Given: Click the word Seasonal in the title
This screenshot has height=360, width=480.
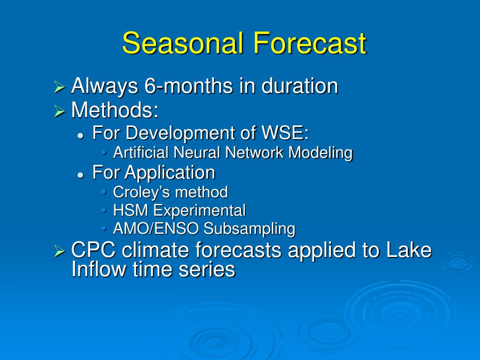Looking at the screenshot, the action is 183,43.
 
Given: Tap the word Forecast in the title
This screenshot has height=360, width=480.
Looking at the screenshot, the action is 309,43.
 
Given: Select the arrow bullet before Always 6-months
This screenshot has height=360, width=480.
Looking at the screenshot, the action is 60,87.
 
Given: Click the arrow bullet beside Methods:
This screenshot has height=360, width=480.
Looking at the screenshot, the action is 60,111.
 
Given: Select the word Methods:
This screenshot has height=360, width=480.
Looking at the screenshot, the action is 115,110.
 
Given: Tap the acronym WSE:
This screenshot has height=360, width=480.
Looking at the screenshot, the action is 285,133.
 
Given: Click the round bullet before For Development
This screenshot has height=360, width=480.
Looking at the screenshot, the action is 81,135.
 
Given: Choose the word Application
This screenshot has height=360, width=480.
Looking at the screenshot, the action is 170,172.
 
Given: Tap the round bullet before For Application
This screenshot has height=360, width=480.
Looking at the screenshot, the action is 81,175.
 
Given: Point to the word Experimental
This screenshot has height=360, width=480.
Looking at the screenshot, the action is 199,211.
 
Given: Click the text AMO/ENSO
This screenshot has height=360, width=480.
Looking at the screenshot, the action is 156,228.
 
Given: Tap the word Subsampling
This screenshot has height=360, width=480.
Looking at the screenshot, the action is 249,229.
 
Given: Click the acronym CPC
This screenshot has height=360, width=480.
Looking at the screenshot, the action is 93,249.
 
